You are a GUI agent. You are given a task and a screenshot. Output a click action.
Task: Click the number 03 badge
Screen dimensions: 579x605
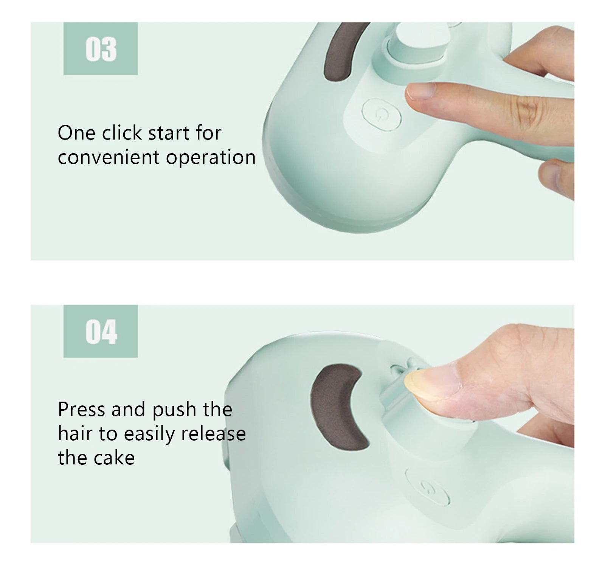click(101, 49)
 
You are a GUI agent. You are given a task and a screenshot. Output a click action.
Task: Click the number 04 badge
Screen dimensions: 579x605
click(101, 331)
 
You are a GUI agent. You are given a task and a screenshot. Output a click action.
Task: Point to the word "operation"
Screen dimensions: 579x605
click(211, 158)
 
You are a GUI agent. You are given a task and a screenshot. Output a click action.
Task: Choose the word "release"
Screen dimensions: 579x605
click(213, 433)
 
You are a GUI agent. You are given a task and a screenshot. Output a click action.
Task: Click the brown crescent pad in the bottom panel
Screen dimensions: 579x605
click(337, 407)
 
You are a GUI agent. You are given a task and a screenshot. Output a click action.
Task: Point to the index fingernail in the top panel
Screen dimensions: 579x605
click(420, 91)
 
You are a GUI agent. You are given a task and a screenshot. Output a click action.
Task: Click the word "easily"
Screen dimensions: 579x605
click(149, 434)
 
